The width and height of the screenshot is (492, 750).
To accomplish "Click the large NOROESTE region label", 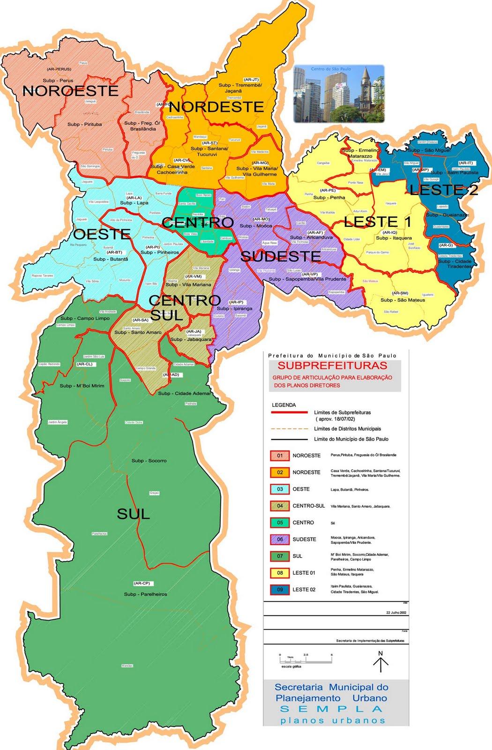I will (x=70, y=91).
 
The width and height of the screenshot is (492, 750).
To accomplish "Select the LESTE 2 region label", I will (x=444, y=190).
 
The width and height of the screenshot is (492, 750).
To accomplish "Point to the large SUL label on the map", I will (x=133, y=514).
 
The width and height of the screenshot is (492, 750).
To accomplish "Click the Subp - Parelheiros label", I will (x=145, y=594).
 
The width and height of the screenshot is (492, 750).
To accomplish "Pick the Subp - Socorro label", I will (x=149, y=460).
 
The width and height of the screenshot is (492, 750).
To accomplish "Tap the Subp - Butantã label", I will (x=111, y=259).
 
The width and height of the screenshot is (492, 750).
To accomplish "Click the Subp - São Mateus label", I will (x=403, y=300).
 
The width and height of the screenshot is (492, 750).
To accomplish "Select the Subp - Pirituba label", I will (x=84, y=124).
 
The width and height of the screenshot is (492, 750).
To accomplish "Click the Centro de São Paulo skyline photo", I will (x=339, y=94).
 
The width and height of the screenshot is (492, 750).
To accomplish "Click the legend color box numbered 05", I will (x=280, y=523).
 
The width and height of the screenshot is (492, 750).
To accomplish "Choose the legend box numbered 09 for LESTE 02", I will (x=280, y=589).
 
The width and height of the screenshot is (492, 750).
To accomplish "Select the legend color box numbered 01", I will (x=280, y=456).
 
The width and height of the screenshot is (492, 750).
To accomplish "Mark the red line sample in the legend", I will (x=286, y=413).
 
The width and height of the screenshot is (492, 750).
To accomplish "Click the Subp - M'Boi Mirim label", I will (x=82, y=386).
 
